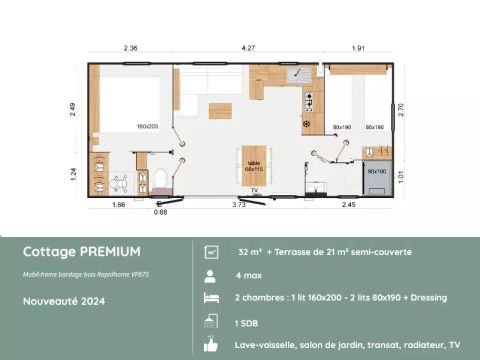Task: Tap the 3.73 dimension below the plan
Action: (239, 204)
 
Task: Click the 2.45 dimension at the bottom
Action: (348, 204)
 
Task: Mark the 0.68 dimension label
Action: (160, 212)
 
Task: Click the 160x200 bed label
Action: (149, 127)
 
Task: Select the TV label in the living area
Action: (255, 189)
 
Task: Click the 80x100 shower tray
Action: (377, 172)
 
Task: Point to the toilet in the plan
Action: (157, 182)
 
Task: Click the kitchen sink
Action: (297, 75)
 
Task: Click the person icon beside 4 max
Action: (211, 274)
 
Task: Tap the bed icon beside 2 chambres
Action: (211, 298)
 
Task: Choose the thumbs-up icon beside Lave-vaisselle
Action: (211, 345)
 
